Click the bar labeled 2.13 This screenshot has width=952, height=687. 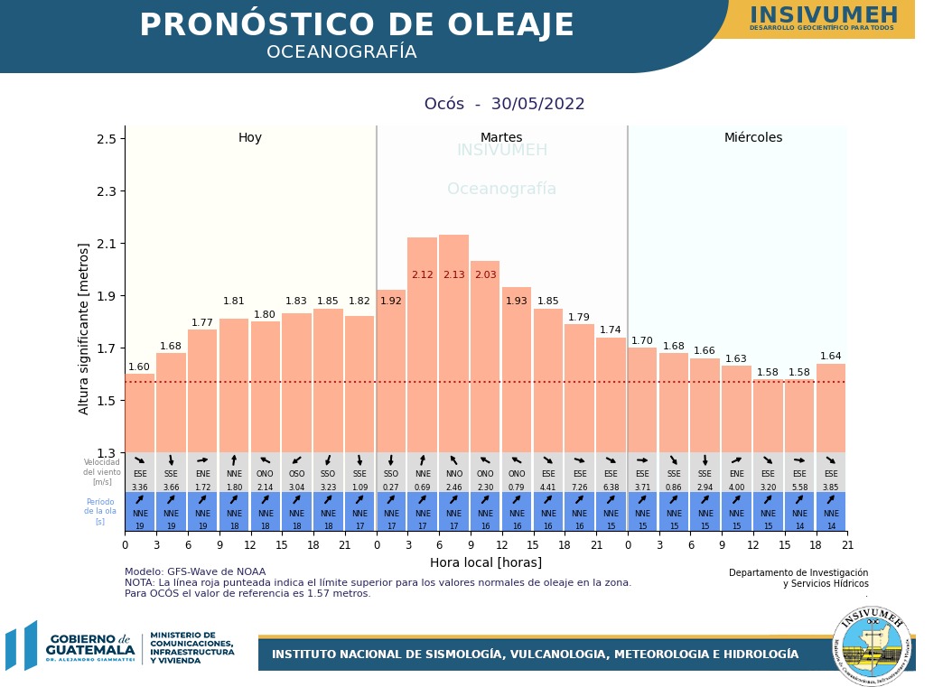[453, 352]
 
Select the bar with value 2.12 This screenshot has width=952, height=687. [422, 352]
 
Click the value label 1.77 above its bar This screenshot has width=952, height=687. [202, 323]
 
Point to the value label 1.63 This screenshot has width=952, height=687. [736, 359]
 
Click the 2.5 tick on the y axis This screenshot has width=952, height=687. [106, 139]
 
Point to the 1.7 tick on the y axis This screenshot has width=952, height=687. [106, 348]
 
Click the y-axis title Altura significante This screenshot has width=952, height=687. [84, 329]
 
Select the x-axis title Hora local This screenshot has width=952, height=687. [486, 562]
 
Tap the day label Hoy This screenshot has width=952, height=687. [250, 138]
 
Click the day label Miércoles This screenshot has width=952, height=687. [753, 138]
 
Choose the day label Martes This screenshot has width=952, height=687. [501, 138]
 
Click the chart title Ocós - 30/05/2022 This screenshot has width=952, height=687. [505, 104]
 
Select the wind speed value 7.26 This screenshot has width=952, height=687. [579, 487]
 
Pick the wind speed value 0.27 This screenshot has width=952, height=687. [391, 487]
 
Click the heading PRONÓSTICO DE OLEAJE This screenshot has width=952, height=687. [357, 25]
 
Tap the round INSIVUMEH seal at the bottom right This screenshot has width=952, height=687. [872, 645]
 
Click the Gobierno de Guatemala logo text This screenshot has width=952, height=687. [89, 645]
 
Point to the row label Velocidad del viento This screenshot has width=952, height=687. [102, 472]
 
